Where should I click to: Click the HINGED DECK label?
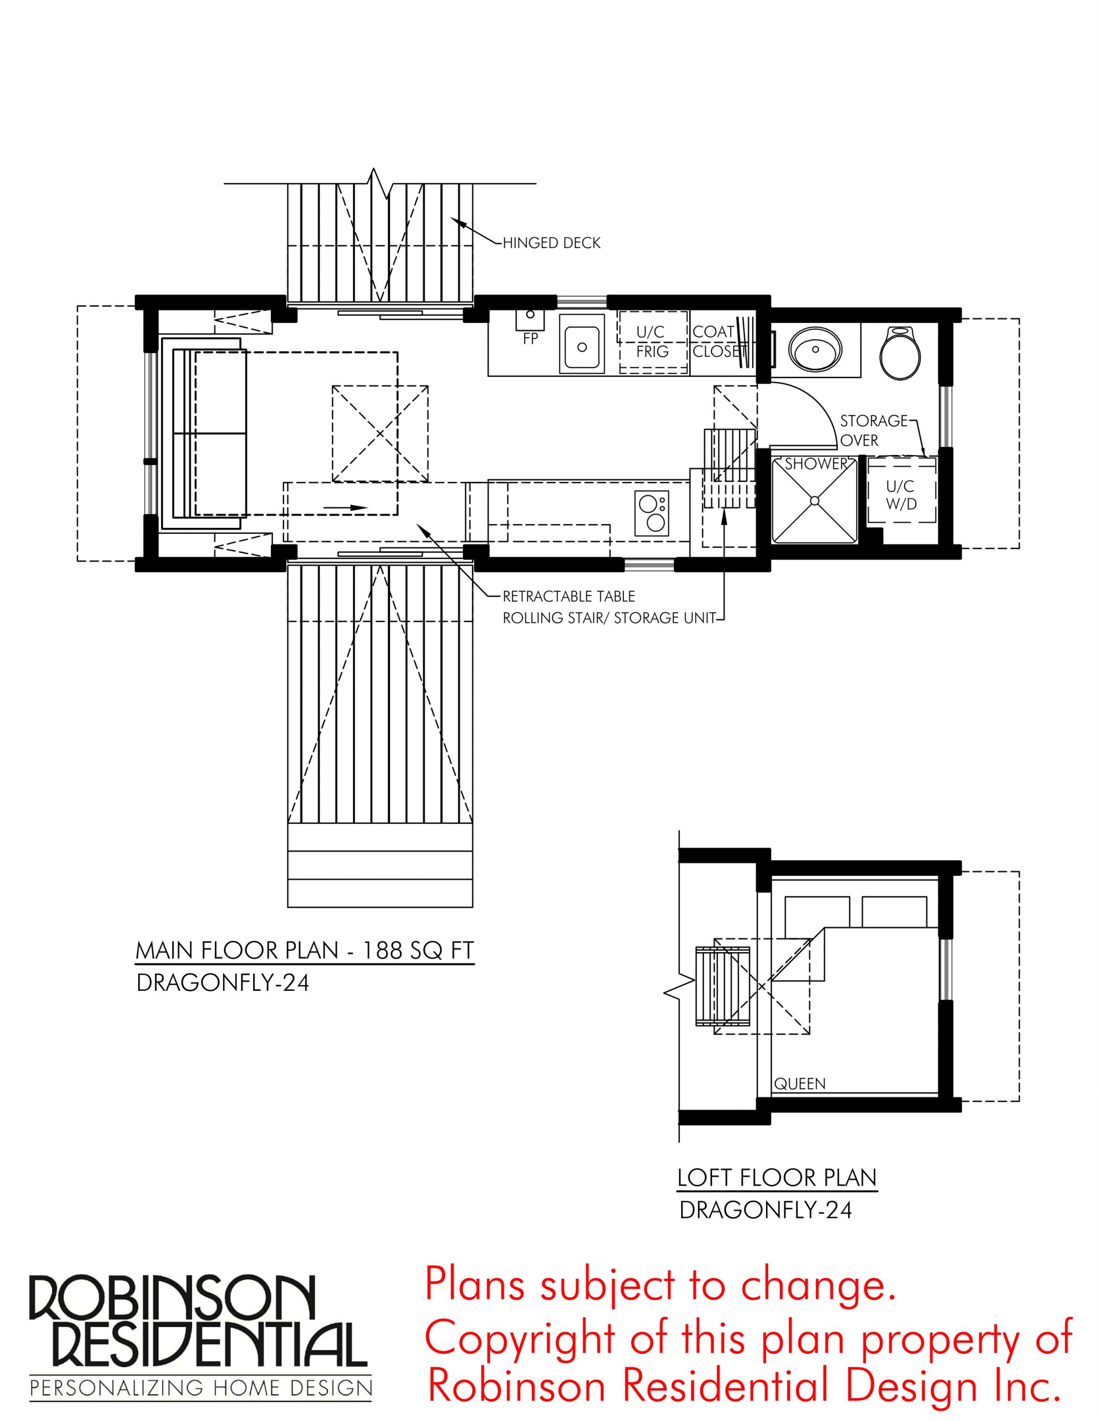click(x=551, y=243)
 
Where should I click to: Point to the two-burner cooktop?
click(x=653, y=513)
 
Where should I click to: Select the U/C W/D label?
click(x=901, y=495)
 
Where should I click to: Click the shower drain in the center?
click(x=814, y=500)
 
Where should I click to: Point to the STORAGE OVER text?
click(x=873, y=430)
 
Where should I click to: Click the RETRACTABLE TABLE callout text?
click(x=568, y=596)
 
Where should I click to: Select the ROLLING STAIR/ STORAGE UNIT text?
click(x=609, y=617)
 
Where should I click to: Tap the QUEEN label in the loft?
click(x=800, y=1084)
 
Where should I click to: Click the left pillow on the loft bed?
click(x=818, y=911)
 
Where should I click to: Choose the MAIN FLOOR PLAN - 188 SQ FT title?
click(x=305, y=951)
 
